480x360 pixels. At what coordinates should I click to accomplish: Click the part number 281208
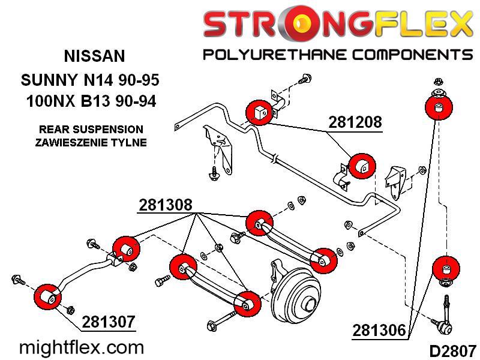click(x=355, y=122)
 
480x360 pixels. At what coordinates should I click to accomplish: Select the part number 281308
click(x=166, y=205)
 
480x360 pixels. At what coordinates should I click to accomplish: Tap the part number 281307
click(x=109, y=322)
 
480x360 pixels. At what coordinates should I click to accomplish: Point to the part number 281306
click(x=379, y=331)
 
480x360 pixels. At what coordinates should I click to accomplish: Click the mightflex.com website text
click(x=82, y=348)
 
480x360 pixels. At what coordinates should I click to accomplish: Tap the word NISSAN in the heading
click(x=94, y=56)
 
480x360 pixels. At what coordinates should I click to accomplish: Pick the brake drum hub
click(x=296, y=295)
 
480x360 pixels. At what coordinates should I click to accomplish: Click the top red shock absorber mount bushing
click(x=439, y=107)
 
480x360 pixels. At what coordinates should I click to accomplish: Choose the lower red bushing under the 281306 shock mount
click(x=446, y=269)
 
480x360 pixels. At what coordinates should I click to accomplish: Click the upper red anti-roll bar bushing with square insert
click(x=259, y=112)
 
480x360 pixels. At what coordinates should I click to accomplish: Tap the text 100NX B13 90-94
click(x=91, y=101)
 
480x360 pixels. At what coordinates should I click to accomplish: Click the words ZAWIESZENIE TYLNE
click(x=91, y=142)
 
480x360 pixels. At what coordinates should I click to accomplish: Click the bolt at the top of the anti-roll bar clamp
click(x=305, y=79)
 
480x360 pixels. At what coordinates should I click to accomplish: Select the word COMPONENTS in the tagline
click(x=412, y=55)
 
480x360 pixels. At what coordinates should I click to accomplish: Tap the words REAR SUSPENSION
click(x=91, y=129)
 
